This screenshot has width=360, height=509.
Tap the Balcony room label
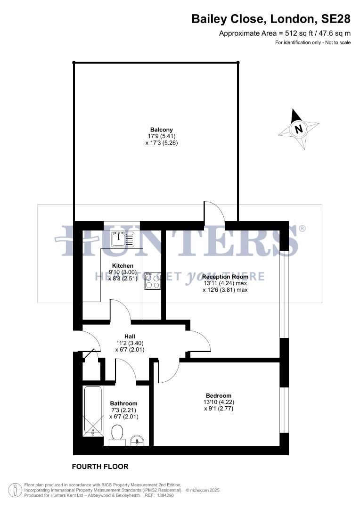coord(162,130)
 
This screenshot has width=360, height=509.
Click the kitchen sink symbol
coord(123,240)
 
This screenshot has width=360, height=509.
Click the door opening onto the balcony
coord(213,212)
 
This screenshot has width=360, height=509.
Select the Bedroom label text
coord(219,395)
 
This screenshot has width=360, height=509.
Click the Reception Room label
coord(225,277)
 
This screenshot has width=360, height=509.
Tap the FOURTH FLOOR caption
coord(100,467)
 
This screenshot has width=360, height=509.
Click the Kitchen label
coord(123,266)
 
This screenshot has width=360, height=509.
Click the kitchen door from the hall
coord(121,311)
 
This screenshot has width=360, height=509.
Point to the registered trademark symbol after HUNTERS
coord(302,229)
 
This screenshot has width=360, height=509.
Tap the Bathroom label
coord(124,403)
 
